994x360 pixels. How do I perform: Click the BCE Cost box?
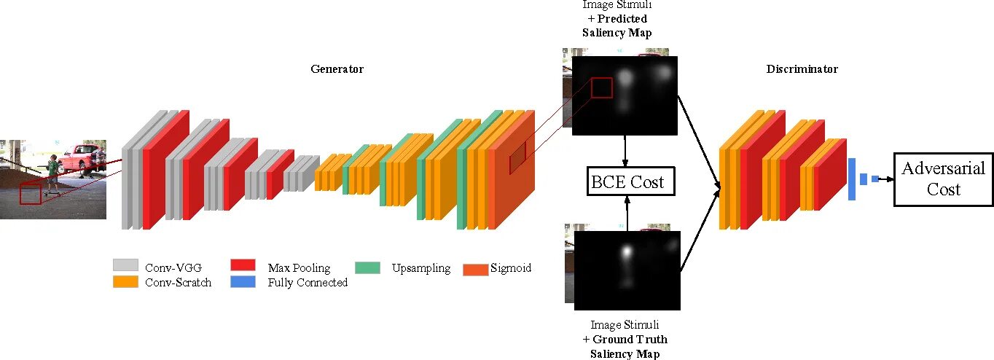pyautogui.click(x=630, y=181)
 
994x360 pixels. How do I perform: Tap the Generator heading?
pyautogui.click(x=337, y=69)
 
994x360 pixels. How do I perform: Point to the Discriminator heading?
pyautogui.click(x=802, y=69)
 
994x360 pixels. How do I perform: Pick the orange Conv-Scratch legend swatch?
pyautogui.click(x=125, y=281)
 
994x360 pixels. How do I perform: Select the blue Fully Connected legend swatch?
pyautogui.click(x=243, y=281)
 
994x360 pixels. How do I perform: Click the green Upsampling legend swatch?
pyautogui.click(x=367, y=267)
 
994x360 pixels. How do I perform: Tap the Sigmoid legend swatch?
pyautogui.click(x=474, y=268)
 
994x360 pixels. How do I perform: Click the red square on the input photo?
pyautogui.click(x=30, y=194)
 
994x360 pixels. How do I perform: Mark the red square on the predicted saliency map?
pyautogui.click(x=602, y=87)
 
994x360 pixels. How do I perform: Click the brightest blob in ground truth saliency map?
pyautogui.click(x=625, y=251)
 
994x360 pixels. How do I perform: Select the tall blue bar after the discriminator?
pyautogui.click(x=851, y=179)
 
